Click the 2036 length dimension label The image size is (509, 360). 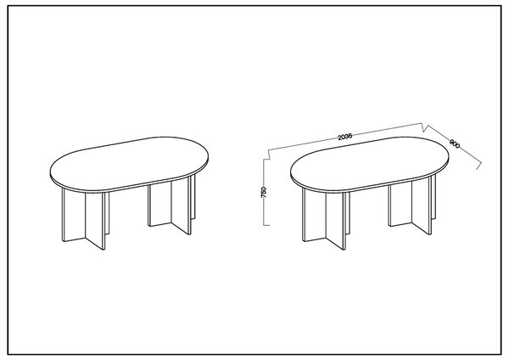click(344, 137)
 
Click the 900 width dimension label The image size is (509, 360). click(455, 143)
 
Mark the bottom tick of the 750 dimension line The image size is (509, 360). click(266, 225)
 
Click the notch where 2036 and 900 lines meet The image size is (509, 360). click(425, 127)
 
